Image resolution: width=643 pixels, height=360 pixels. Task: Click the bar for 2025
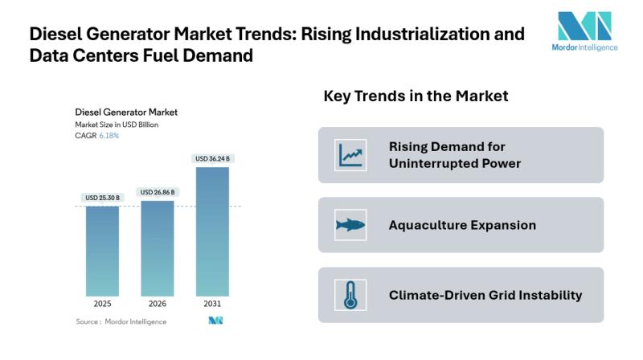(102, 251)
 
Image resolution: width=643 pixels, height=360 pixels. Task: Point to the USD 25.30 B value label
(102, 198)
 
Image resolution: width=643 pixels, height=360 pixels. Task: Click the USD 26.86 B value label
(158, 192)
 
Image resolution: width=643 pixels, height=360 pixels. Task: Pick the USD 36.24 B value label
(212, 159)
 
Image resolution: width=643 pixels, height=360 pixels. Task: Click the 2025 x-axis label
(102, 305)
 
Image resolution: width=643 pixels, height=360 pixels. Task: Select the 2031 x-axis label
(212, 305)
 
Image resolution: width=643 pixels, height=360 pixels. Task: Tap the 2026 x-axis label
(158, 305)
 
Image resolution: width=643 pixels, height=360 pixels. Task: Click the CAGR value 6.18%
(109, 136)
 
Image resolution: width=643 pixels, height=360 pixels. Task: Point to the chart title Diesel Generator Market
(126, 112)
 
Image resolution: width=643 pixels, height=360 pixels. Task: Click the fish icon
(350, 225)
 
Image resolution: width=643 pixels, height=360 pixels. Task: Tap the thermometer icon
(350, 295)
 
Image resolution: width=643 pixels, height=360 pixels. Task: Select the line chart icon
(350, 154)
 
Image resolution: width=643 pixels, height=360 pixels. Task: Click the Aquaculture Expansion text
(462, 225)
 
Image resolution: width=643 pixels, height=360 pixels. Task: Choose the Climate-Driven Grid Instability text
(485, 295)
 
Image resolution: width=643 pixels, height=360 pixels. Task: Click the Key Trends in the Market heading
(416, 96)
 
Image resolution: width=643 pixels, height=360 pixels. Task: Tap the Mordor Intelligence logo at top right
(586, 31)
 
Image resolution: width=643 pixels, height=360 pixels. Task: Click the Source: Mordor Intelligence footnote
(121, 321)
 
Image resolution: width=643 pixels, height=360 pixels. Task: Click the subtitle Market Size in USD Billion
(117, 125)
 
